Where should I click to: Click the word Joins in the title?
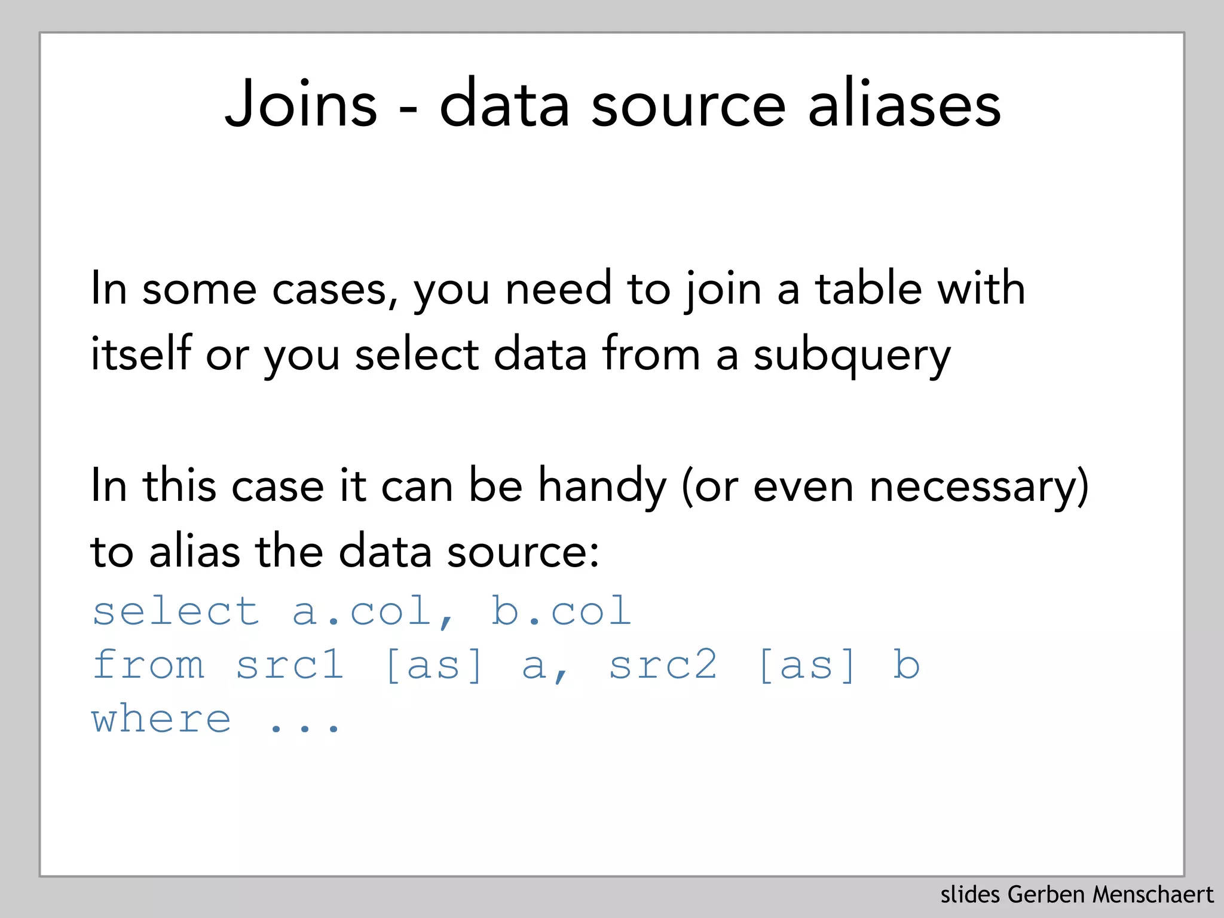tap(301, 105)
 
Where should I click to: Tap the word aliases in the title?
tap(904, 105)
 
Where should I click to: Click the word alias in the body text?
tap(195, 551)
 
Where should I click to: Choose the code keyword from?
tap(149, 665)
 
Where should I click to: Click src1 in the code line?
tap(290, 665)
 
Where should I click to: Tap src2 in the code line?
tap(663, 665)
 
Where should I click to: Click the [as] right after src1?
tap(434, 665)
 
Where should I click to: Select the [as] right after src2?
tap(807, 665)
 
